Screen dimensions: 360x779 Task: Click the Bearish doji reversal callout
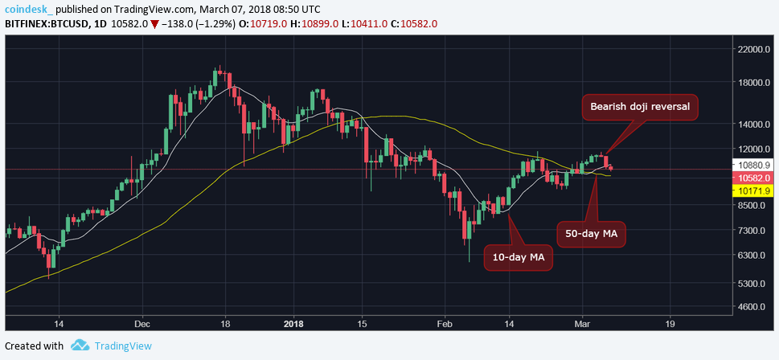click(x=640, y=107)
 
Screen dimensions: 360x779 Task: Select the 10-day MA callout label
click(x=518, y=257)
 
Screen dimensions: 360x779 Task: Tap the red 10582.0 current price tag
click(x=752, y=178)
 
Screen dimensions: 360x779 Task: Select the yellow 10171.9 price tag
click(x=752, y=191)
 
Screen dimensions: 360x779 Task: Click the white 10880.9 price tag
click(x=752, y=165)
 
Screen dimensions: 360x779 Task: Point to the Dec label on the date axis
click(x=143, y=325)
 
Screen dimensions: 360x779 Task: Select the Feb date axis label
click(x=445, y=325)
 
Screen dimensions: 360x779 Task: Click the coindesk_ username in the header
click(x=30, y=9)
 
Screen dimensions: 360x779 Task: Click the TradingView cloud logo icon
click(x=80, y=346)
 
